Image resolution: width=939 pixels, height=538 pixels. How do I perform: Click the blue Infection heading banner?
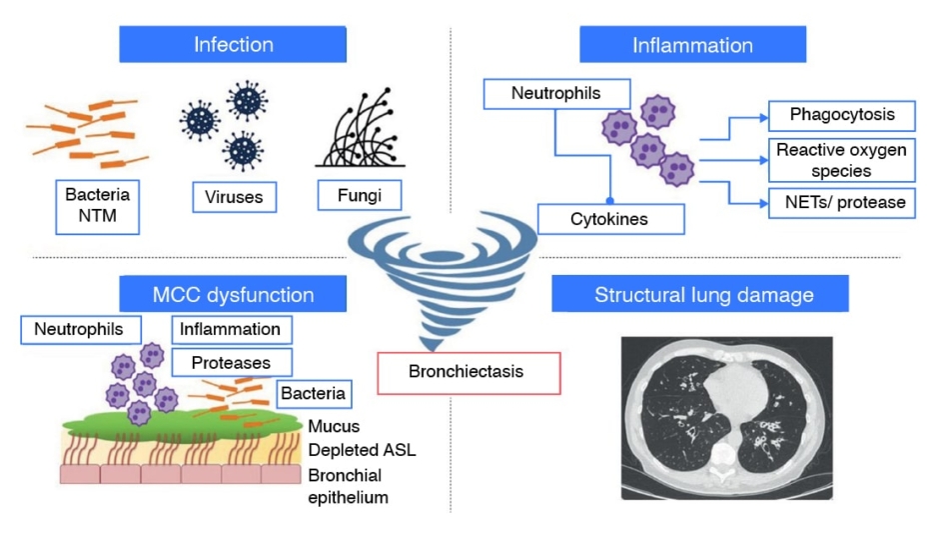233,45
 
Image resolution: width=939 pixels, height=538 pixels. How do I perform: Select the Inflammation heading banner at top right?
692,45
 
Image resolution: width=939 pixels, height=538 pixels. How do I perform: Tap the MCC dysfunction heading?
233,295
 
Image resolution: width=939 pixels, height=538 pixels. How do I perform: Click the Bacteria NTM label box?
97,204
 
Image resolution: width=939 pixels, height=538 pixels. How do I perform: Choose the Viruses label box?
234,196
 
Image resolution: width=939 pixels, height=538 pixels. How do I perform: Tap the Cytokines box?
611,219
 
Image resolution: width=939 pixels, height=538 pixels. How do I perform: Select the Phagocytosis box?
841,115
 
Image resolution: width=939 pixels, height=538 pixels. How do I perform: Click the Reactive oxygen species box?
841,159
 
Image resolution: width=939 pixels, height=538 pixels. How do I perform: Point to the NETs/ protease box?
841,203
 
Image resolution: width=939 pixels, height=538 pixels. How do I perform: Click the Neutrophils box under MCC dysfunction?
80,329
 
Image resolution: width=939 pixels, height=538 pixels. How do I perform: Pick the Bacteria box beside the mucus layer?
312,393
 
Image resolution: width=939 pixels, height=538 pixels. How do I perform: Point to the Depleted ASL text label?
361,450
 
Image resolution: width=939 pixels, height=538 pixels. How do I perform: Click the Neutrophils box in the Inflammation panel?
555,94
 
